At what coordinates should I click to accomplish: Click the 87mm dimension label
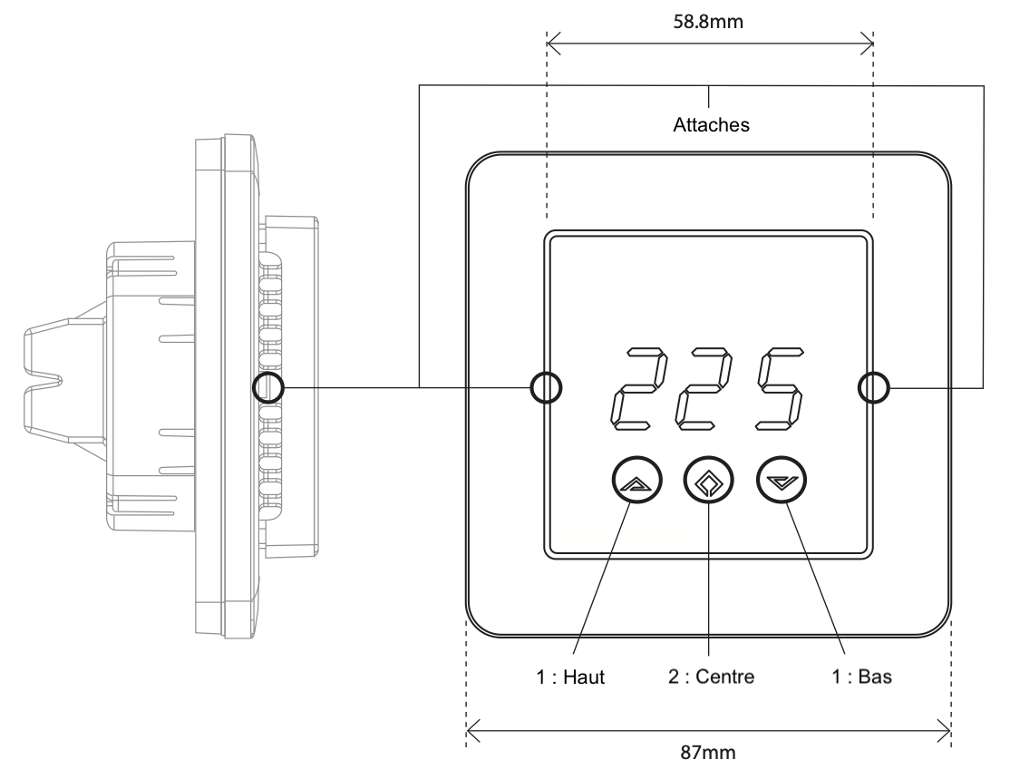click(x=710, y=752)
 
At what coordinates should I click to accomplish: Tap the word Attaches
click(x=711, y=126)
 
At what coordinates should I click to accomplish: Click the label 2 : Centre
click(x=710, y=678)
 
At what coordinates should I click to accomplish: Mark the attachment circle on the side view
click(x=269, y=388)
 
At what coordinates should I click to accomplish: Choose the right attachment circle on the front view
click(x=873, y=388)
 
